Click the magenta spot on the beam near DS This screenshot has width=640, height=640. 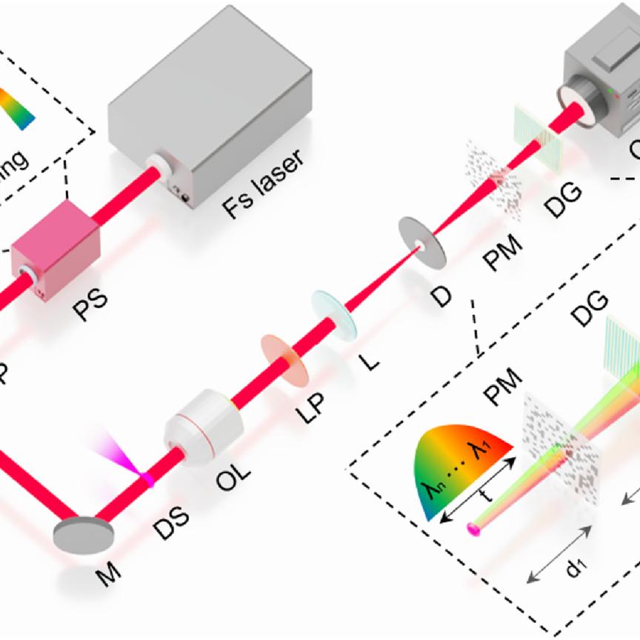(148, 479)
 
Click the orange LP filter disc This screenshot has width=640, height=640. (285, 359)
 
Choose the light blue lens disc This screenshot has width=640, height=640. (334, 315)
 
